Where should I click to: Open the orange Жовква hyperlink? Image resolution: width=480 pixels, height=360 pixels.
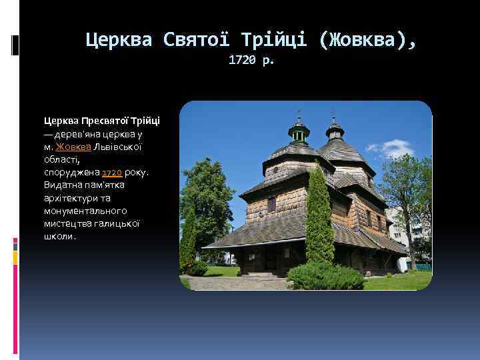click(x=70, y=147)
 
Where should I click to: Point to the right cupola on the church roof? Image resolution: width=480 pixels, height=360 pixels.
click(x=335, y=129)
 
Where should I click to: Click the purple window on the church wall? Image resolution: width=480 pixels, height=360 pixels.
click(x=272, y=204)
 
